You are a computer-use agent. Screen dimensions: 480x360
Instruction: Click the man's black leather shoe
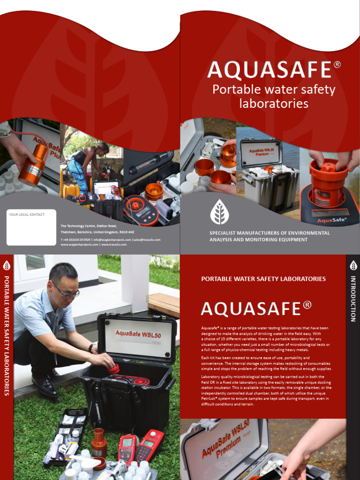(45, 385)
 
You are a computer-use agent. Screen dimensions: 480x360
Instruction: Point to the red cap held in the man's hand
(113, 369)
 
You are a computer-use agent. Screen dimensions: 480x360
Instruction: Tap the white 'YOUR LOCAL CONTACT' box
(31, 227)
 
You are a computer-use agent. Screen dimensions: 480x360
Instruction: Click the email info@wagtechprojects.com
(112, 240)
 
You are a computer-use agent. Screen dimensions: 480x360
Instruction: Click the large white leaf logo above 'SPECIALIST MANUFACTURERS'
(219, 211)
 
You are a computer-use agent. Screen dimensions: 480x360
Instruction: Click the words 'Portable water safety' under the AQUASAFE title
(274, 90)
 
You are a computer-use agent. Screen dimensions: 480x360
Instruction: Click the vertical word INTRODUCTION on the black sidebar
(353, 299)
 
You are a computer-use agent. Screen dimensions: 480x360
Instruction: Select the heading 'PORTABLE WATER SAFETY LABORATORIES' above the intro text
(263, 279)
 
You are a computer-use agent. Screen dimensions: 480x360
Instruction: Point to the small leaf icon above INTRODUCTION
(353, 265)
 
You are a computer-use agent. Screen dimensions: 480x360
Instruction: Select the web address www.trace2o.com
(116, 245)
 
